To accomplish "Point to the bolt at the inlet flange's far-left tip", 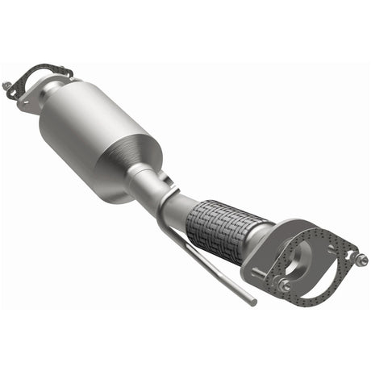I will pos(7,85).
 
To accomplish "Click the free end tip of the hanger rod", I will pos(252,302).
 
